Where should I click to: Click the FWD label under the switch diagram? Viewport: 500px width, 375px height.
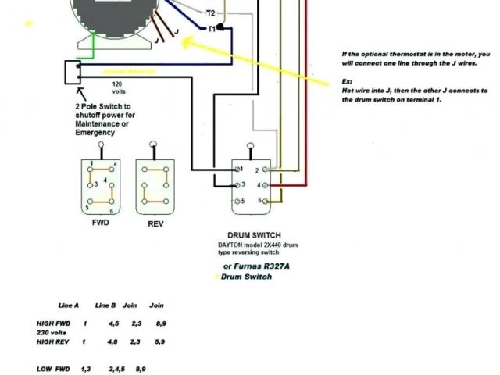pyautogui.click(x=100, y=223)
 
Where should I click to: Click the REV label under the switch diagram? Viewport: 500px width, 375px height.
pyautogui.click(x=155, y=223)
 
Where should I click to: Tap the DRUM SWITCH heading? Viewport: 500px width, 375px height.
pyautogui.click(x=254, y=235)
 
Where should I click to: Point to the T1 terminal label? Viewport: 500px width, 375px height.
pyautogui.click(x=211, y=28)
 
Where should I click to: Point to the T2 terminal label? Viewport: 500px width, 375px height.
pyautogui.click(x=211, y=13)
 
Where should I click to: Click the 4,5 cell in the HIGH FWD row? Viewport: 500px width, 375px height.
pyautogui.click(x=113, y=322)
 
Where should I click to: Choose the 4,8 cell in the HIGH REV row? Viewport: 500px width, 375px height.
pyautogui.click(x=113, y=341)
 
